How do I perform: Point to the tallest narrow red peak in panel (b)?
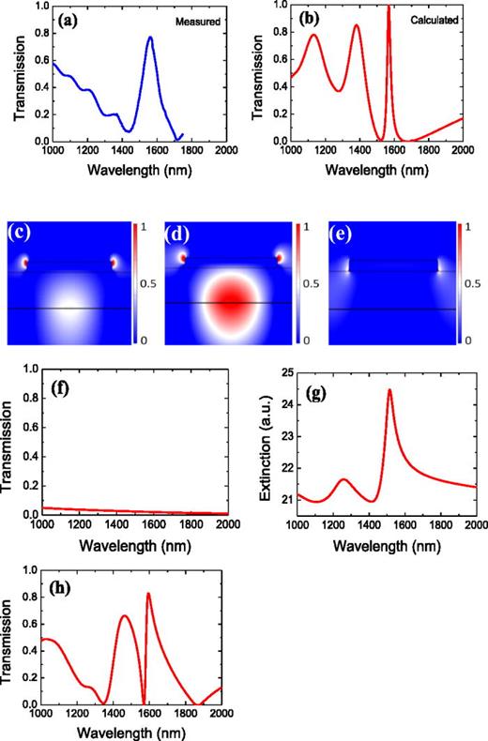389,8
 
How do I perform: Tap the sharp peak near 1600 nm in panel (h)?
148,594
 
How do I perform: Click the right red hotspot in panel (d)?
280,259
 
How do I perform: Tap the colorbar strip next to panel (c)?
136,280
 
